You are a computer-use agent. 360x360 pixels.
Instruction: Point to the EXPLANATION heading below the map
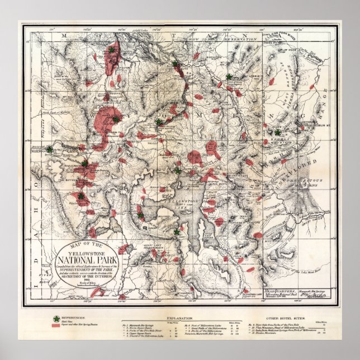(180, 314)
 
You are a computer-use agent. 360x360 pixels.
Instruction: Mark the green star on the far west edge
(49, 149)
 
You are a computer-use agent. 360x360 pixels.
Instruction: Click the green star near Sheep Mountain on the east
(278, 132)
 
